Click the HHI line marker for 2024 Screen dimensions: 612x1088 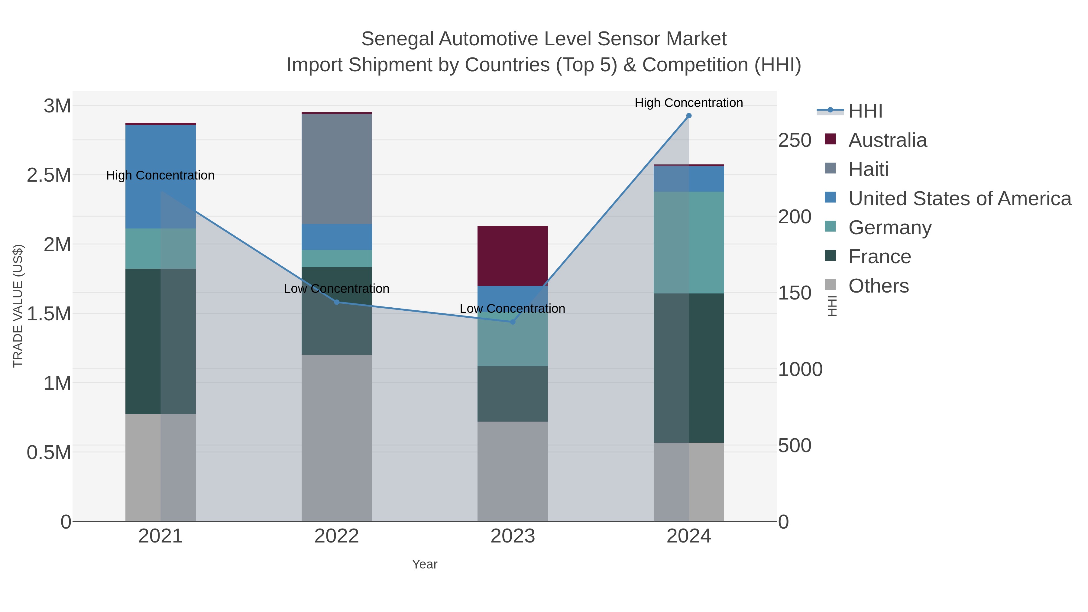(688, 116)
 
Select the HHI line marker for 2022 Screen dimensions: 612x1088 (337, 302)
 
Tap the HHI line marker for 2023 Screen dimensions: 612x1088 (513, 322)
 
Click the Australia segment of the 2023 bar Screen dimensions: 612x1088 (513, 256)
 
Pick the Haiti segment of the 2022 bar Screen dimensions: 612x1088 (337, 169)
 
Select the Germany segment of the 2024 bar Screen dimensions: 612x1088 (688, 242)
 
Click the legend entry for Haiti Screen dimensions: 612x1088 (868, 169)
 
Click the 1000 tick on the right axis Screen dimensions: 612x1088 (800, 370)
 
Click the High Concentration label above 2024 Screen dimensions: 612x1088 (688, 103)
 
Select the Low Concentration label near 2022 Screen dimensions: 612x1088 (337, 289)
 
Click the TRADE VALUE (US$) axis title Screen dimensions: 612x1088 (18, 306)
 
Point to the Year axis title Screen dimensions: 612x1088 (425, 564)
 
